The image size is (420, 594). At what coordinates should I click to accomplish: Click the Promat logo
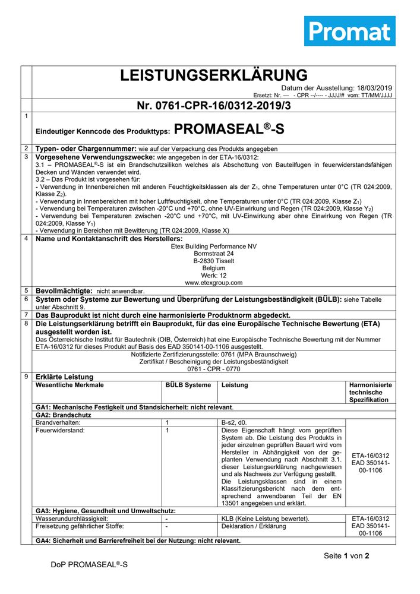[x=349, y=31]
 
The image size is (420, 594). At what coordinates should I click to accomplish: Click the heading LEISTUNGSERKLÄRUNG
[x=214, y=75]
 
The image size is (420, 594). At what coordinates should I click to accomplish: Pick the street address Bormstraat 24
[x=214, y=253]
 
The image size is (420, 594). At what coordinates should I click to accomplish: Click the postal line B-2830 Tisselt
[x=214, y=261]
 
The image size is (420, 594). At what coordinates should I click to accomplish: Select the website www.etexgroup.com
[x=214, y=283]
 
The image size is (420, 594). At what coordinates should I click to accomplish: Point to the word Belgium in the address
[x=214, y=268]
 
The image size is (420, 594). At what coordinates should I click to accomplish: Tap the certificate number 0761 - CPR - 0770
[x=214, y=369]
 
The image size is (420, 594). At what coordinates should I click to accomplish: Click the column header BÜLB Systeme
[x=188, y=385]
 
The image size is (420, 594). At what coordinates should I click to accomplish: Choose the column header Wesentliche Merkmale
[x=70, y=385]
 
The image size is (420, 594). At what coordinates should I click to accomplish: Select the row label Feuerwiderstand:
[x=60, y=429]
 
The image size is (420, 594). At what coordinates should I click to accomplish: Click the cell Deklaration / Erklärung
[x=254, y=526]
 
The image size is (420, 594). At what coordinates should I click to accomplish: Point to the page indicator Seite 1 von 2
[x=346, y=556]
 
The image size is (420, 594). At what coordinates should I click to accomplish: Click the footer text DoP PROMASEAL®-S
[x=89, y=564]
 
